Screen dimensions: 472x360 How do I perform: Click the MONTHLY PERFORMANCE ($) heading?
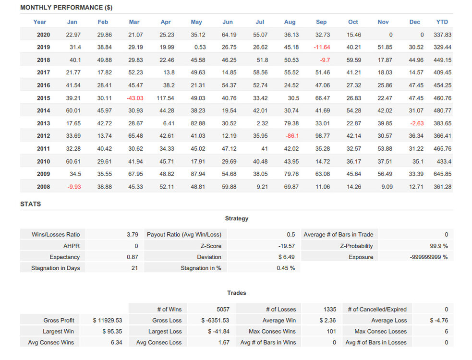pyautogui.click(x=66, y=8)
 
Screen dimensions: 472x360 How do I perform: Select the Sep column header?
pyautogui.click(x=321, y=22)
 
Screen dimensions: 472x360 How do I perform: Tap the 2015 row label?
pyautogui.click(x=43, y=98)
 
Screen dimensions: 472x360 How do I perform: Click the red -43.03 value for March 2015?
pyautogui.click(x=135, y=98)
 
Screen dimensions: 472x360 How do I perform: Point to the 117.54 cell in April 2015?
pyautogui.click(x=165, y=98)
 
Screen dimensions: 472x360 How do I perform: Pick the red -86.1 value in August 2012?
pyautogui.click(x=292, y=136)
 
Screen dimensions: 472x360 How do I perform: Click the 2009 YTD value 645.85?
pyautogui.click(x=443, y=174)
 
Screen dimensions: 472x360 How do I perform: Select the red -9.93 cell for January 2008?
pyautogui.click(x=74, y=187)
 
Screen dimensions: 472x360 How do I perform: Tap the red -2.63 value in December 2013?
pyautogui.click(x=417, y=123)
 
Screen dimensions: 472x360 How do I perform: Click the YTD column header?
pyautogui.click(x=442, y=22)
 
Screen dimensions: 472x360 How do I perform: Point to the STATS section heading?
pyautogui.click(x=30, y=204)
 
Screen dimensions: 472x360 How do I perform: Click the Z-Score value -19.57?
pyautogui.click(x=287, y=246)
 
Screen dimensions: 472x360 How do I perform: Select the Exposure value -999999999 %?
pyautogui.click(x=429, y=257)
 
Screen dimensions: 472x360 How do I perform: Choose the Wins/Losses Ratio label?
pyautogui.click(x=56, y=235)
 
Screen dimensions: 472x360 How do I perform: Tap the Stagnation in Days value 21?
pyautogui.click(x=134, y=268)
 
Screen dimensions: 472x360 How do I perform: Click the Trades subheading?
pyautogui.click(x=237, y=293)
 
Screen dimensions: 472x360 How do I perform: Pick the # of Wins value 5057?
pyautogui.click(x=223, y=310)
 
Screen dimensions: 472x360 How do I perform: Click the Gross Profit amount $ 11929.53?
pyautogui.click(x=108, y=321)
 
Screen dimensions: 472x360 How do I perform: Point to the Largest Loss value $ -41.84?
pyautogui.click(x=219, y=331)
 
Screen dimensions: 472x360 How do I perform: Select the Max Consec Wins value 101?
pyautogui.click(x=331, y=331)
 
